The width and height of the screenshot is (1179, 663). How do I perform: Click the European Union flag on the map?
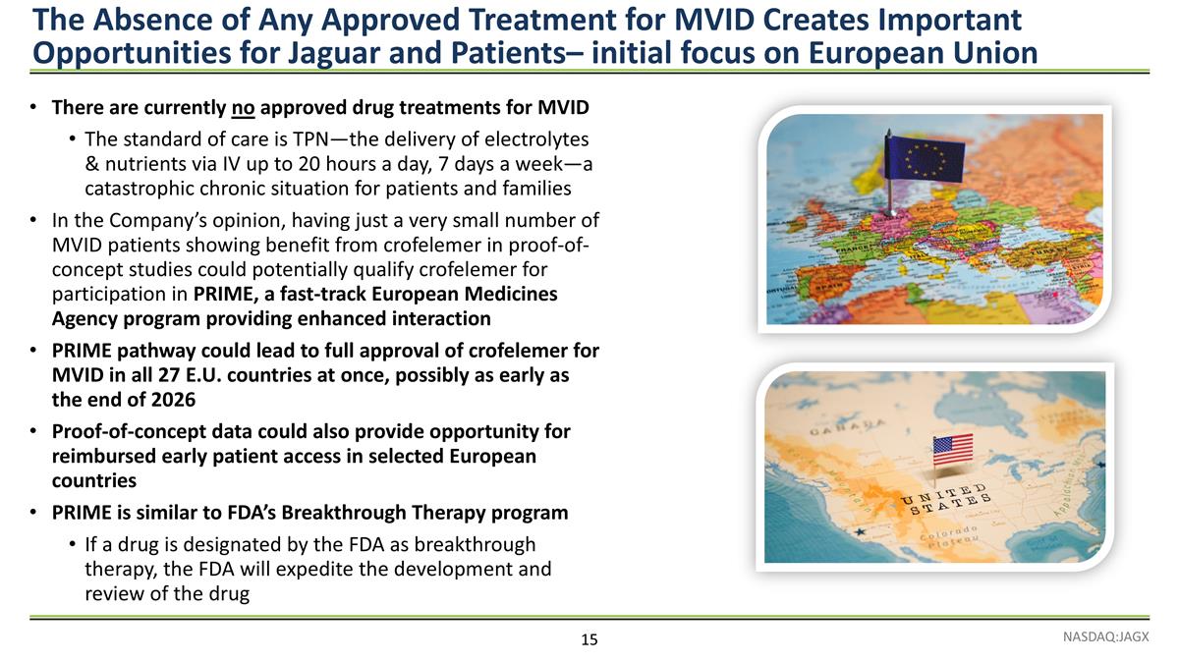tap(926, 160)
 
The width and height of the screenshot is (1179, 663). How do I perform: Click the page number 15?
tap(589, 640)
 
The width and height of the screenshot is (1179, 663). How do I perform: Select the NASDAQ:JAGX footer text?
tap(1104, 636)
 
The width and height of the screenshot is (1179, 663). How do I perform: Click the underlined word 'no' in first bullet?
tap(243, 106)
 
